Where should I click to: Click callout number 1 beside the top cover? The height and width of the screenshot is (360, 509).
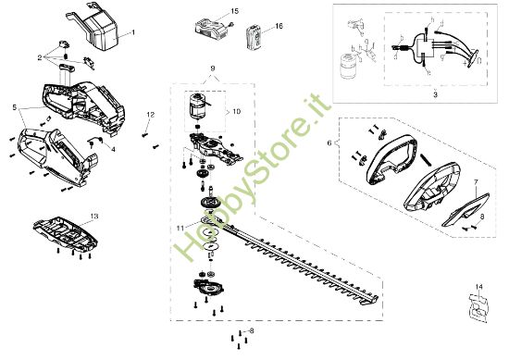point(132,32)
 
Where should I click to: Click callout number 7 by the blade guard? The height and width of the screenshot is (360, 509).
point(476,183)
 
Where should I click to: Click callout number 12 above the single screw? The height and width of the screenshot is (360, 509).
point(150,114)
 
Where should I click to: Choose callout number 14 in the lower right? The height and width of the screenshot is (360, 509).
point(479,286)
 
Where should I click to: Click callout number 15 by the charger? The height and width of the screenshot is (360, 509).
point(233,10)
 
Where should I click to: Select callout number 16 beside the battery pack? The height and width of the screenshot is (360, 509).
point(279,29)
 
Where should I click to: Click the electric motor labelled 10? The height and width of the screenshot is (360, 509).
point(195,108)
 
